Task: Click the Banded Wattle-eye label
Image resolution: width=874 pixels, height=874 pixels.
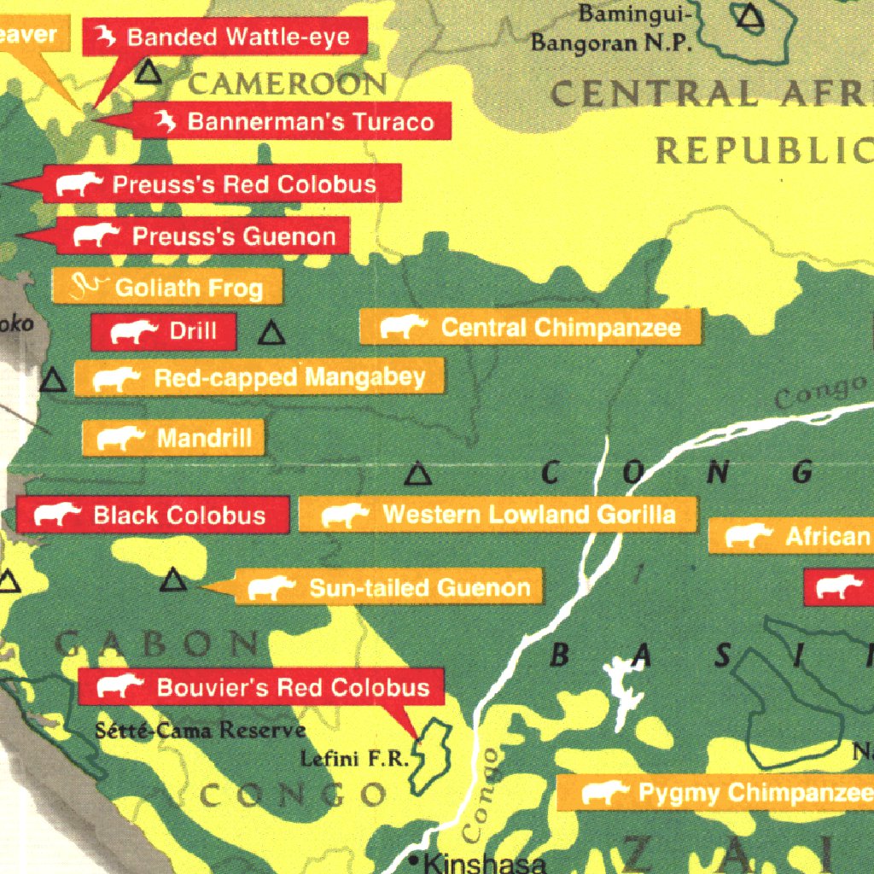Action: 225,38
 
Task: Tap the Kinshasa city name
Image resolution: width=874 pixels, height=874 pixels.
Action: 483,863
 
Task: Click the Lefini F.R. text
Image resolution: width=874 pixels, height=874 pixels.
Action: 355,759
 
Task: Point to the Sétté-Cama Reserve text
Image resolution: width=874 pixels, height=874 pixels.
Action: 200,731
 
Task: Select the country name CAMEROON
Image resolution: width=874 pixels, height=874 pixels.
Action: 287,84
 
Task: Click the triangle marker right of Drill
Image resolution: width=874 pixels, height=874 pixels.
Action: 271,333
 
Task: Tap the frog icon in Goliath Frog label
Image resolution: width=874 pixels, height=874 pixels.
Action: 88,286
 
